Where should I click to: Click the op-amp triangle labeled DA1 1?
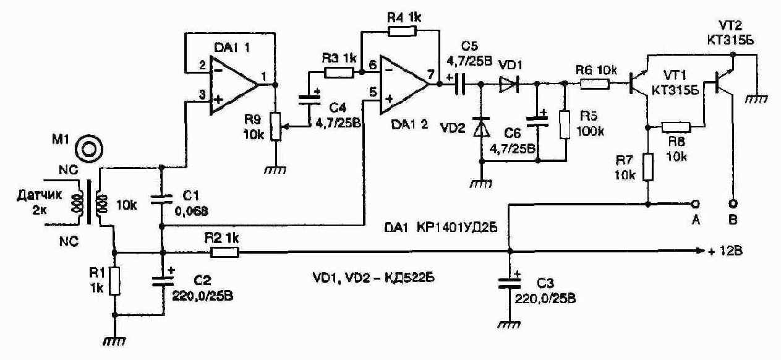pyautogui.click(x=231, y=85)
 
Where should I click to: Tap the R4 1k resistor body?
pyautogui.click(x=402, y=32)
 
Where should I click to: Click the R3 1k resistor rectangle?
pyautogui.click(x=339, y=72)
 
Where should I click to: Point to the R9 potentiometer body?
pyautogui.click(x=276, y=126)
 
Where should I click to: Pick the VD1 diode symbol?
pyautogui.click(x=509, y=84)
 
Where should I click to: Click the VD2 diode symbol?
pyautogui.click(x=481, y=127)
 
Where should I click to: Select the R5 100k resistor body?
pyautogui.click(x=565, y=125)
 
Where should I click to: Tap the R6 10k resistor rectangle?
pyautogui.click(x=595, y=84)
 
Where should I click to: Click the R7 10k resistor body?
pyautogui.click(x=648, y=167)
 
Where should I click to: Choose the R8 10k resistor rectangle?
pyautogui.click(x=676, y=127)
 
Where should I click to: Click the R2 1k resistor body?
pyautogui.click(x=224, y=252)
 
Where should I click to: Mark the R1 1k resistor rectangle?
pyautogui.click(x=115, y=281)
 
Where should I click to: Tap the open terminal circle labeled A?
pyautogui.click(x=695, y=204)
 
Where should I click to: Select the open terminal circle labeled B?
pyautogui.click(x=733, y=204)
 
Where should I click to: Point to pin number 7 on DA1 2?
pyautogui.click(x=431, y=74)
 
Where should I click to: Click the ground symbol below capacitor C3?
pyautogui.click(x=509, y=324)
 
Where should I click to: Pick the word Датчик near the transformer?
pyautogui.click(x=39, y=195)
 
